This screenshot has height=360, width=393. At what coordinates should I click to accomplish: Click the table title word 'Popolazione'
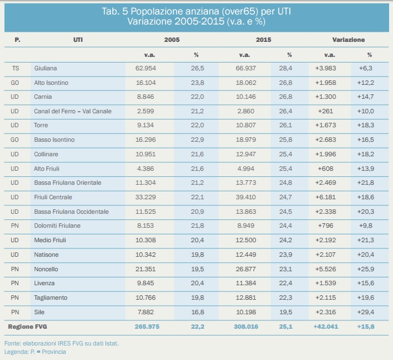(157, 12)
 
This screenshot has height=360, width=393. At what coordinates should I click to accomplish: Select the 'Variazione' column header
(348, 40)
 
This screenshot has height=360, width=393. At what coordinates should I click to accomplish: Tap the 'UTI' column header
(78, 40)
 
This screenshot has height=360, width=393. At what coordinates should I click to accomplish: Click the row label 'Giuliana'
(45, 68)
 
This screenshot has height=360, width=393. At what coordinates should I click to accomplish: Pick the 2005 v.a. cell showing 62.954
(145, 68)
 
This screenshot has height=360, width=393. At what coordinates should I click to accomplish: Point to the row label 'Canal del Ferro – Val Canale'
(72, 111)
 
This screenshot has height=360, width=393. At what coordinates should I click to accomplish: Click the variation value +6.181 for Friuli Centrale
(326, 197)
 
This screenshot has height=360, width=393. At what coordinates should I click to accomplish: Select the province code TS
(16, 68)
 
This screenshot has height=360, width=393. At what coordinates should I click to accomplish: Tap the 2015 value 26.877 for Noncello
(246, 269)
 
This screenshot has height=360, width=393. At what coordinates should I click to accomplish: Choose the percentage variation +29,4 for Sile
(366, 312)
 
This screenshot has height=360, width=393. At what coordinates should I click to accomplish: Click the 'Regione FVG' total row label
(27, 327)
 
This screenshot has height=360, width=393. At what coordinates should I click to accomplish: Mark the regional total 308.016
(246, 327)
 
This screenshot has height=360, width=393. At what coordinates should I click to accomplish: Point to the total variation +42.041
(326, 327)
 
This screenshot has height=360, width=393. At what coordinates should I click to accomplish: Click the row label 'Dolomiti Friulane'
(57, 226)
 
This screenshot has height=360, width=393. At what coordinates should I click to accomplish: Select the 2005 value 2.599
(145, 111)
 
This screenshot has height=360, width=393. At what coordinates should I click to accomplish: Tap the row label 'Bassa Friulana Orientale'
(67, 183)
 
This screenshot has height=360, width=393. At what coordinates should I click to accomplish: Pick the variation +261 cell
(326, 111)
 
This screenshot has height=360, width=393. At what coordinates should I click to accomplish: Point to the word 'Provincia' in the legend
(54, 352)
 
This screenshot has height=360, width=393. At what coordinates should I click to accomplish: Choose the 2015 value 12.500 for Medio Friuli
(246, 240)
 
